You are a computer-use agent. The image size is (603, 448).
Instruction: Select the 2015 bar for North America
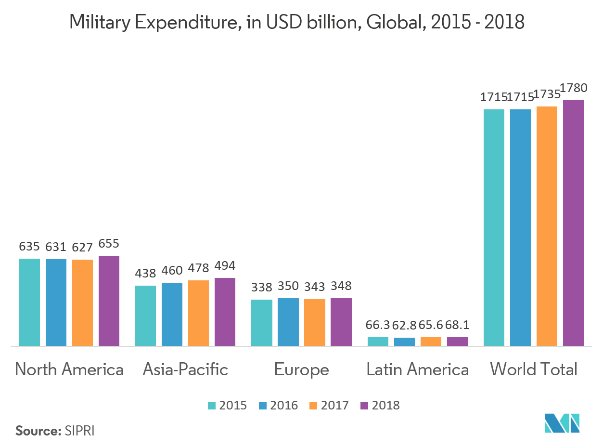[x=29, y=302]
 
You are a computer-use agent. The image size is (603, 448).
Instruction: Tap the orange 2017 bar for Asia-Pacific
[x=198, y=313]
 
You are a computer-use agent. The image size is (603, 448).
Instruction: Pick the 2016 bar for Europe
[x=288, y=322]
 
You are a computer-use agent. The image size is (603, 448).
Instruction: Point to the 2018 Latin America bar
[x=457, y=342]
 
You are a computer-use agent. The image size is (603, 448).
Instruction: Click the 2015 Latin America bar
[x=378, y=342]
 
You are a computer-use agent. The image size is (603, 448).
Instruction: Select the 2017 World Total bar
[x=547, y=226]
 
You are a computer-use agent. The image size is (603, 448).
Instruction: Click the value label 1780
[x=574, y=88]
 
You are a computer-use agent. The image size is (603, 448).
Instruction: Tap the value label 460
[x=172, y=271]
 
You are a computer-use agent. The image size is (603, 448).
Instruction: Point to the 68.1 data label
[x=457, y=326]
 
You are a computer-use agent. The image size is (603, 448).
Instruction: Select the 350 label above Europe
[x=288, y=286]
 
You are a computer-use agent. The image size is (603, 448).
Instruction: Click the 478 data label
[x=199, y=268]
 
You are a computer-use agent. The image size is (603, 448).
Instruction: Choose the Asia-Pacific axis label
[x=185, y=369]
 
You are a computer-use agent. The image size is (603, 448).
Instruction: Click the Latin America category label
[x=417, y=369]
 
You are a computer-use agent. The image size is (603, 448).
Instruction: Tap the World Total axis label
[x=533, y=369]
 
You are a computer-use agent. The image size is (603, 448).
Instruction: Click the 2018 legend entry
[x=380, y=406]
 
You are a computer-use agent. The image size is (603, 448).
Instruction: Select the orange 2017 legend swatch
[x=313, y=406]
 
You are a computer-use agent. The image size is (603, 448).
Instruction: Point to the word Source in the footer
[x=37, y=431]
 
